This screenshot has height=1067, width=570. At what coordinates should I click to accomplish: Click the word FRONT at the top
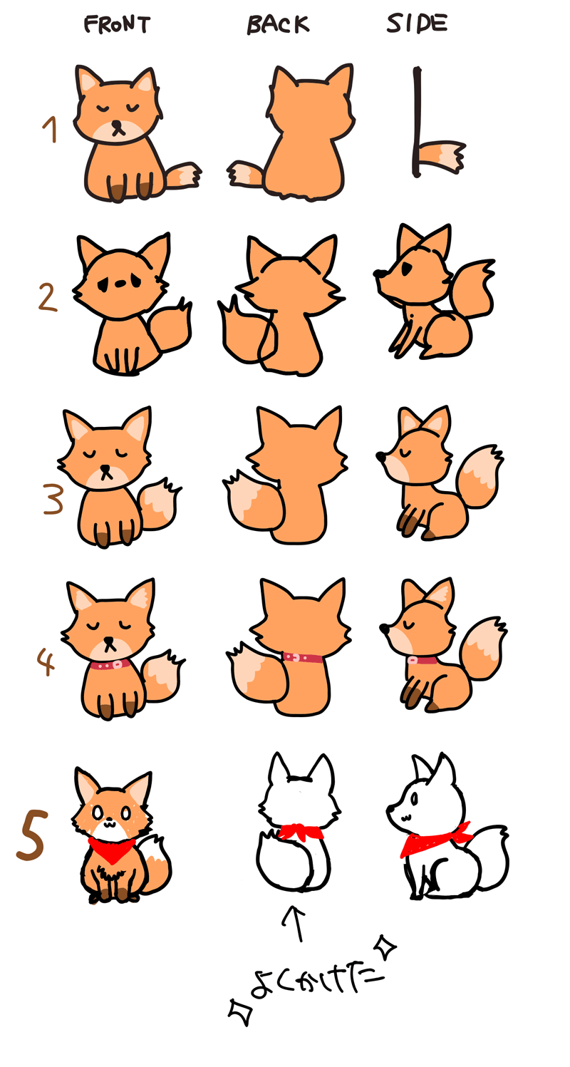(x=118, y=25)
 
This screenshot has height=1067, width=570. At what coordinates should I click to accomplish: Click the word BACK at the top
(x=278, y=25)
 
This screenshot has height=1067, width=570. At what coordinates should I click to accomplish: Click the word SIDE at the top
(x=417, y=24)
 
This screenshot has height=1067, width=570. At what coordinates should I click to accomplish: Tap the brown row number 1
(x=50, y=131)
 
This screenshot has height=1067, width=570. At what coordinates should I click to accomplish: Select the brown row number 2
(x=47, y=298)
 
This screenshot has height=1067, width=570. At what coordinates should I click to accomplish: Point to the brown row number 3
(x=52, y=499)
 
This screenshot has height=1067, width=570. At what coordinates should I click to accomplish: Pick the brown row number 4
(x=45, y=661)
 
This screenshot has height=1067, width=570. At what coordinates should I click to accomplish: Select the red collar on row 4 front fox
(x=108, y=664)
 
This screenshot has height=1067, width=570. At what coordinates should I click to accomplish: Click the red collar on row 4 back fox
(x=303, y=657)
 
